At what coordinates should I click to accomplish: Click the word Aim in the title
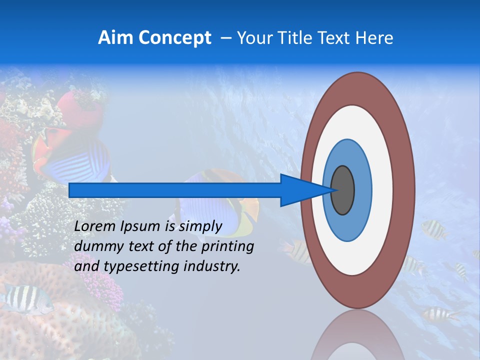click(x=115, y=37)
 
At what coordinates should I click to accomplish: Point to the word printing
click(x=227, y=247)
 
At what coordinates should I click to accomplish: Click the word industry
click(x=212, y=266)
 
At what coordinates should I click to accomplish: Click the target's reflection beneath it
click(x=357, y=335)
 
